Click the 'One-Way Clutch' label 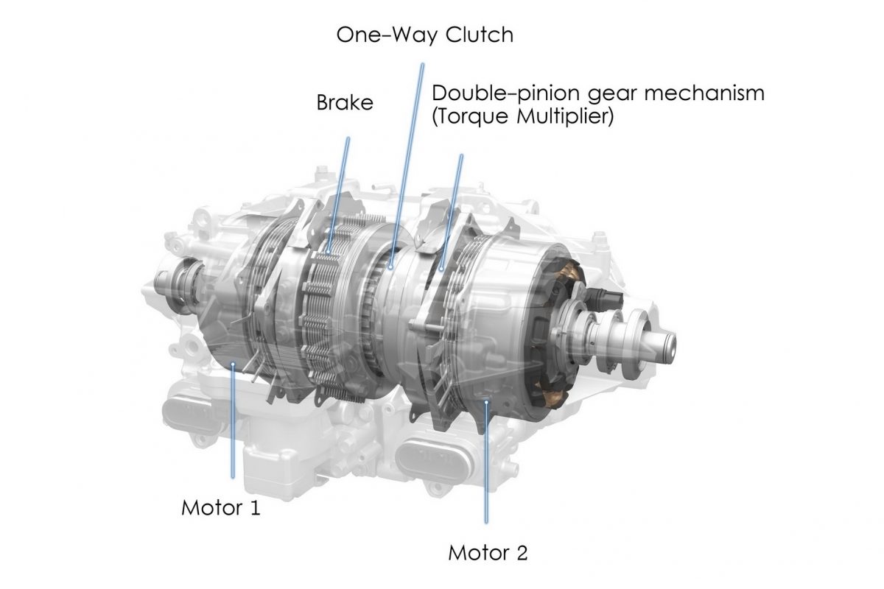point(424,35)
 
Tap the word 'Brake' point(345,102)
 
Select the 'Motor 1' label point(220,508)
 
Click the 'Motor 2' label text point(488,553)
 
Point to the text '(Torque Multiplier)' point(522,117)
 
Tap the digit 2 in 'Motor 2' point(521,553)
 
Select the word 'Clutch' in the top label point(479,35)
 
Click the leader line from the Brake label point(339,194)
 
